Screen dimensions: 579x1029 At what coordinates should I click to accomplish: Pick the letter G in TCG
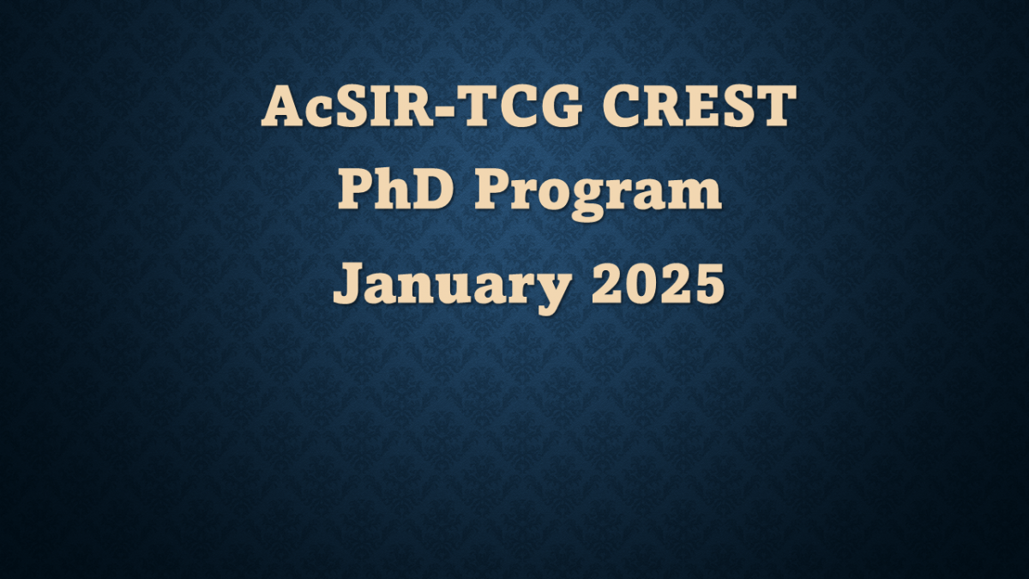tap(533, 108)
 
